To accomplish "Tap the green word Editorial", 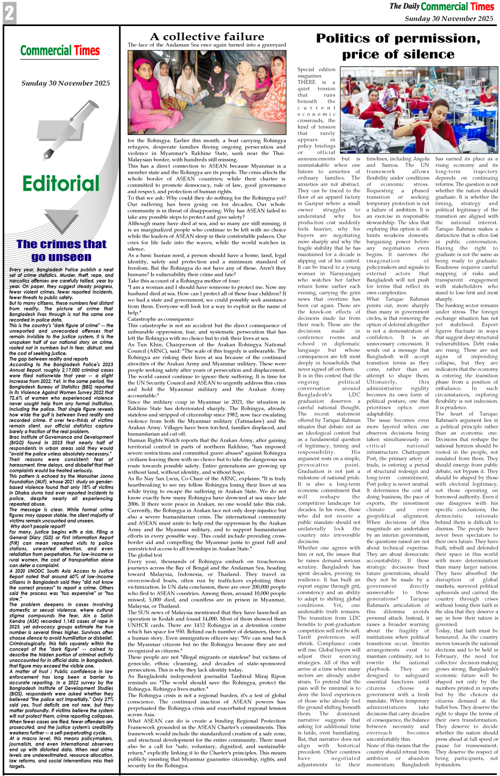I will [x=61, y=183].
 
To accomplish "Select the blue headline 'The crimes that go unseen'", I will [x=61, y=250].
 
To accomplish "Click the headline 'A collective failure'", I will [x=207, y=37].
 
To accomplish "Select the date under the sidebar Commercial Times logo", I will [x=65, y=83].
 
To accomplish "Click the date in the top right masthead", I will [x=449, y=18].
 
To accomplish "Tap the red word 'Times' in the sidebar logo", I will [x=87, y=51].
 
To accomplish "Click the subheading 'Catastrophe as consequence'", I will [x=161, y=319].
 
